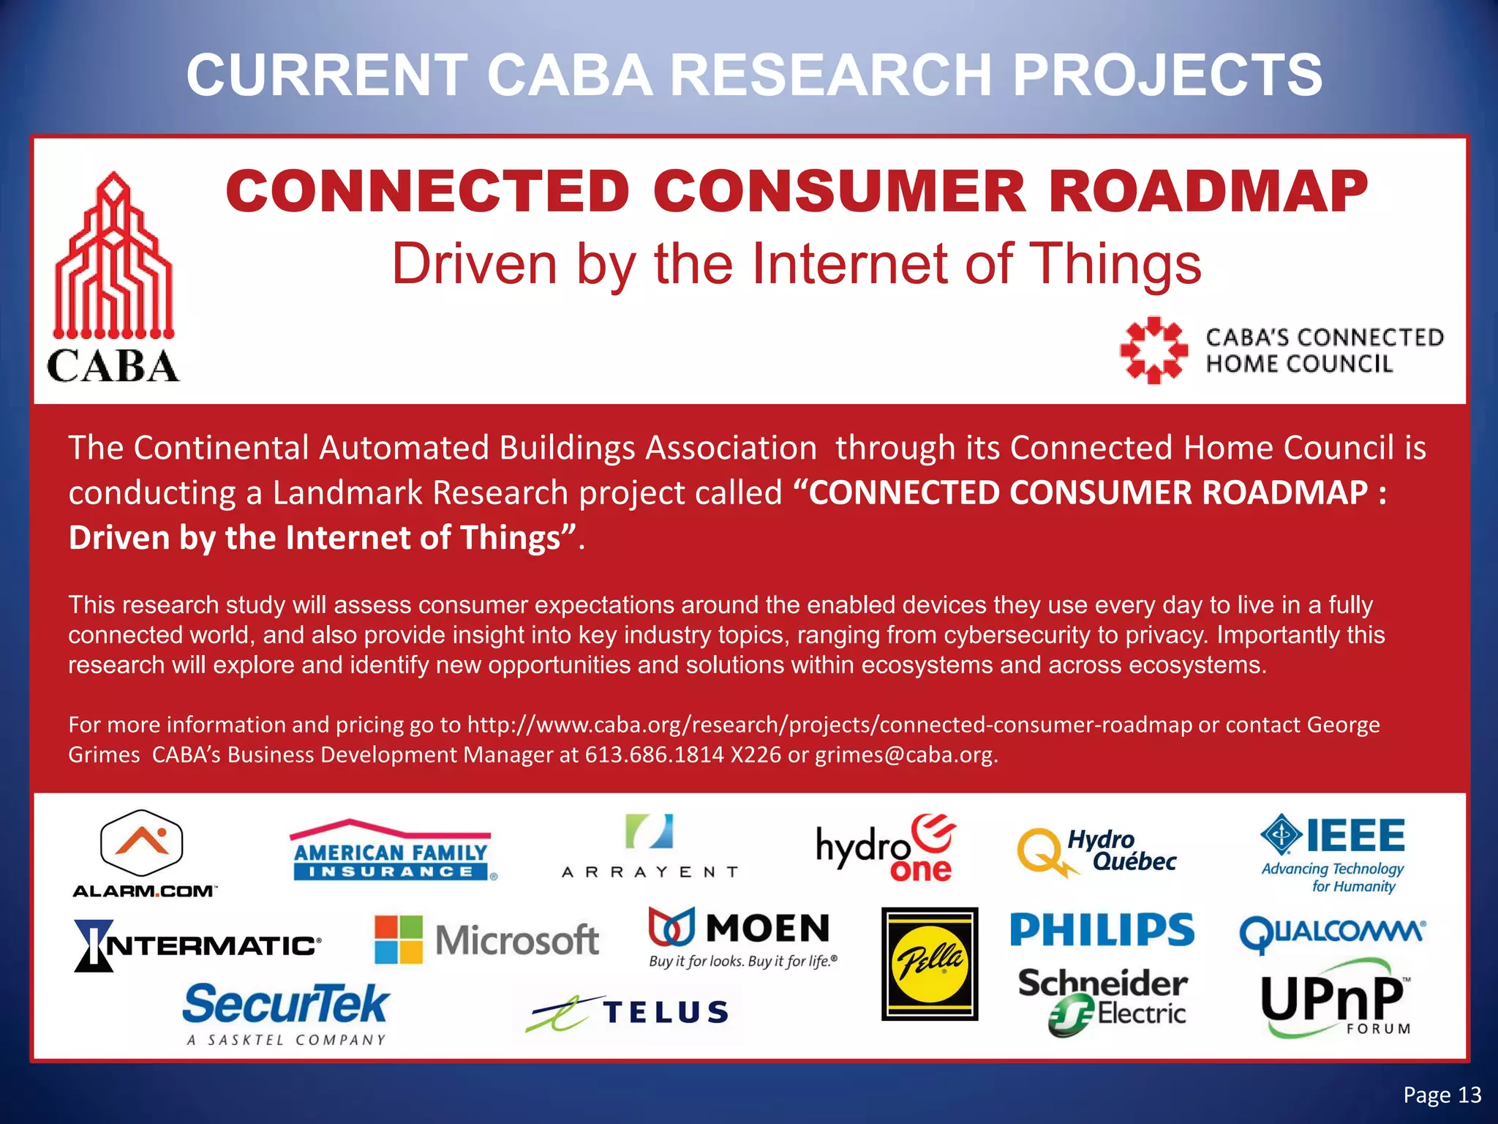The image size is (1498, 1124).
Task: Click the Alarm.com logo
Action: (142, 853)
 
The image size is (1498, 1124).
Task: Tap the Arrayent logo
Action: (650, 847)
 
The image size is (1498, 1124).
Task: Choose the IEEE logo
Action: (1333, 853)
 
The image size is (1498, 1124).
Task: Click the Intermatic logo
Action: (197, 945)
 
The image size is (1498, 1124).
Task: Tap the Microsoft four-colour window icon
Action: (399, 940)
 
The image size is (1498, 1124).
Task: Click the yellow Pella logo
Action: (930, 964)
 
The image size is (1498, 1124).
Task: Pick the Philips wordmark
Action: (1102, 929)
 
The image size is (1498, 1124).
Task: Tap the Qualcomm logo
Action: (1332, 934)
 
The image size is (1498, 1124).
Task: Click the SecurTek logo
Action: (286, 1013)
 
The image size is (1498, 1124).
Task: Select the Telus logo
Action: (628, 1013)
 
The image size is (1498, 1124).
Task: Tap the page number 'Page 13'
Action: (1442, 1095)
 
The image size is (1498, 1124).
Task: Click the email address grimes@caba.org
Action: (906, 754)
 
